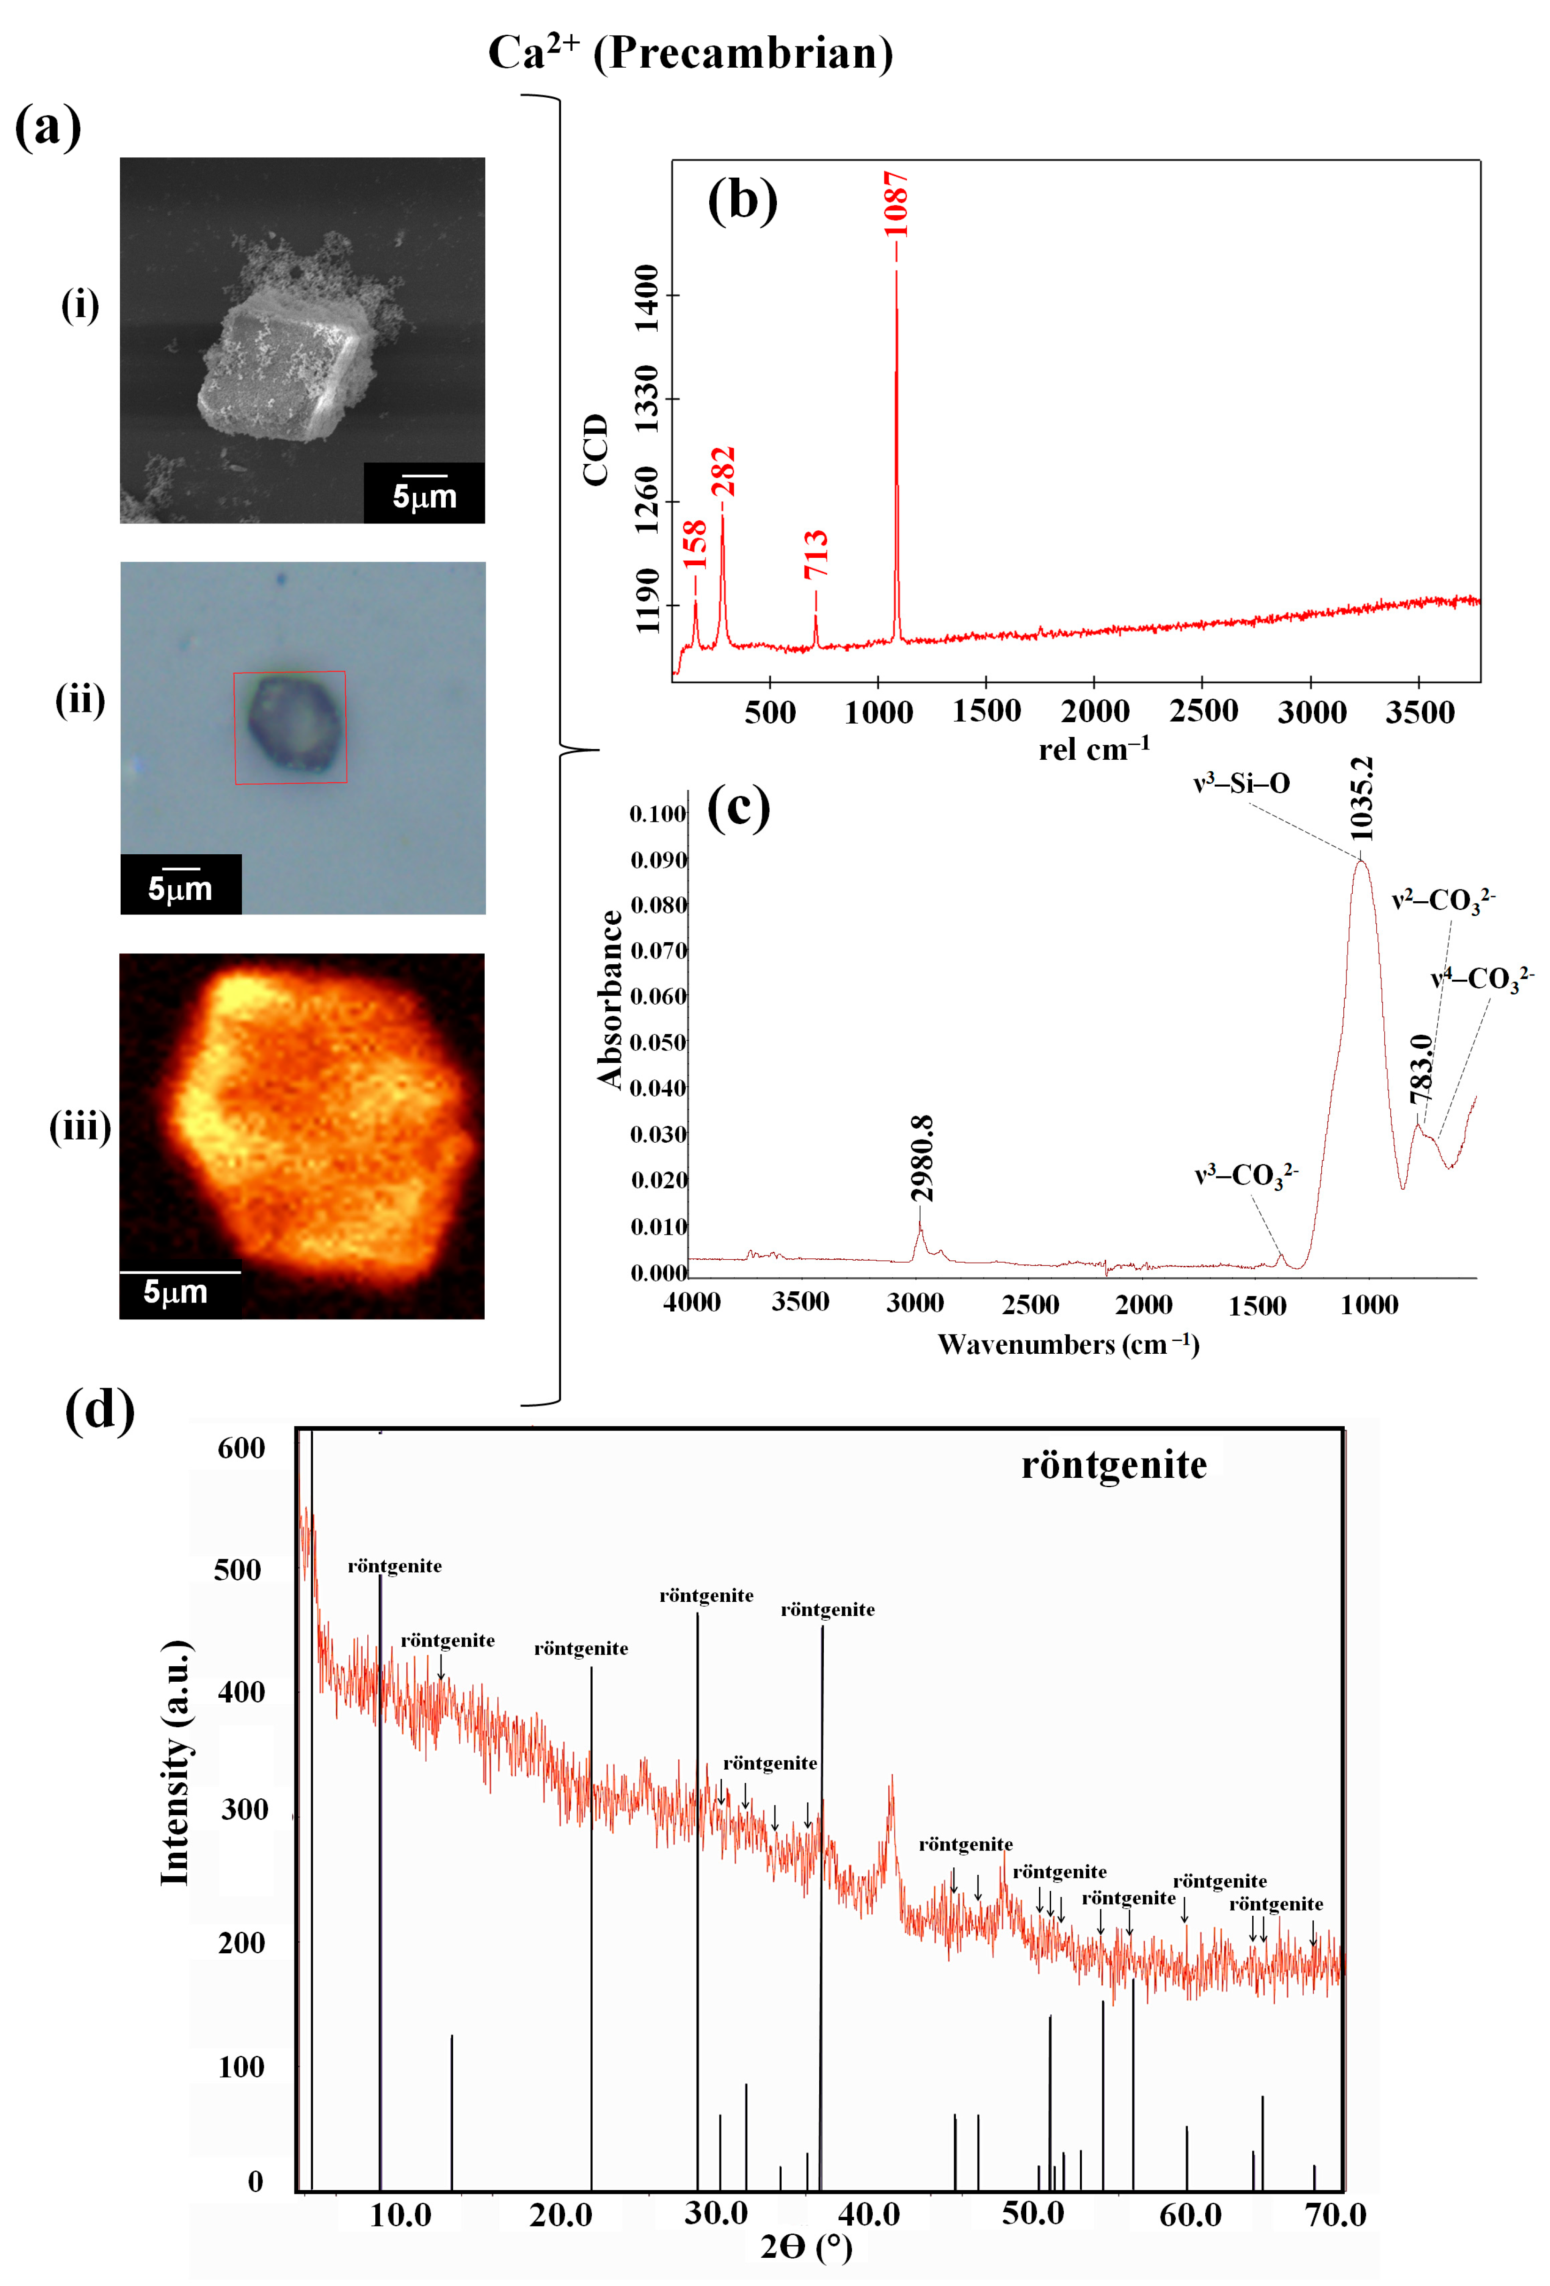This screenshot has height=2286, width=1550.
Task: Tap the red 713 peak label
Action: [x=816, y=554]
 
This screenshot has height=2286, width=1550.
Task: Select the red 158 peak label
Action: [x=695, y=544]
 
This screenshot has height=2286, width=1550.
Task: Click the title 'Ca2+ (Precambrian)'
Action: [x=690, y=53]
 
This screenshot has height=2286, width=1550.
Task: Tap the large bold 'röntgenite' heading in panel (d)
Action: [x=1113, y=1465]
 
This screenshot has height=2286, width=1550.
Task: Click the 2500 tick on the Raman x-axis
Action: [x=1203, y=710]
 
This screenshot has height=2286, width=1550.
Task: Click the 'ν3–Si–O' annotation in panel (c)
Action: [x=1241, y=783]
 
